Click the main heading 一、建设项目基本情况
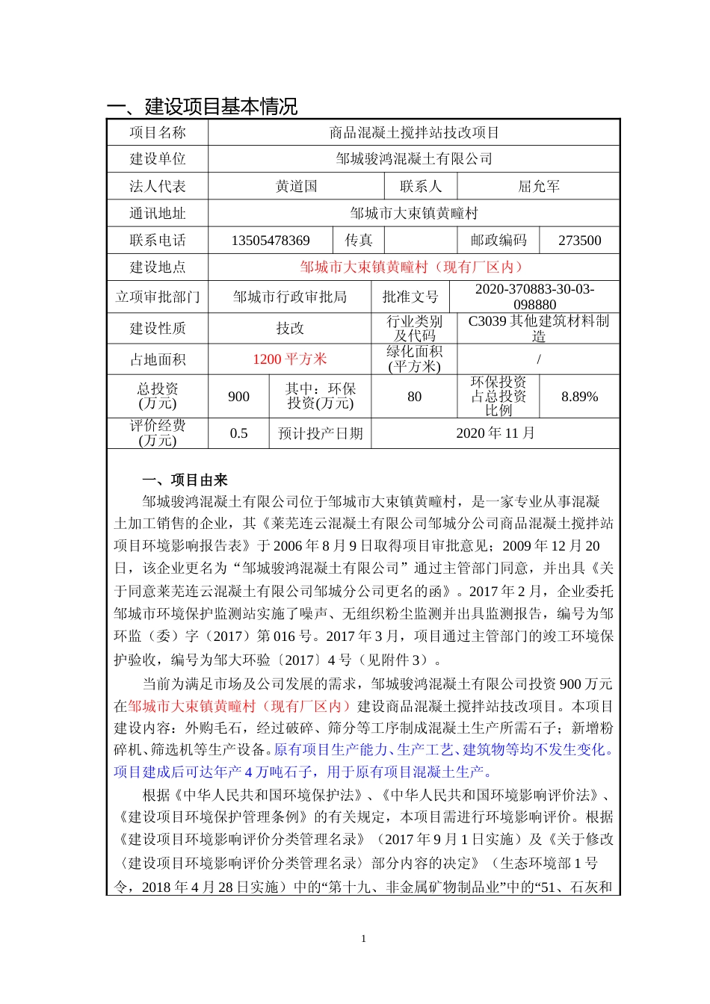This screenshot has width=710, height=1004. click(202, 106)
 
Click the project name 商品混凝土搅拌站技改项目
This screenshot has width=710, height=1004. click(414, 133)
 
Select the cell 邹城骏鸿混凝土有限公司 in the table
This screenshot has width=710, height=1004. click(414, 159)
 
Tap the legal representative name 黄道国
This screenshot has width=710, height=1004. click(297, 186)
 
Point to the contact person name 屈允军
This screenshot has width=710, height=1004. click(539, 186)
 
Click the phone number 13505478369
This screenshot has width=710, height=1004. click(271, 241)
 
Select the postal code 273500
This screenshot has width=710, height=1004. click(579, 241)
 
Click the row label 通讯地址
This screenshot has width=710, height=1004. click(157, 214)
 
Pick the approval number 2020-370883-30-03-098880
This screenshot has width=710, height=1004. click(534, 297)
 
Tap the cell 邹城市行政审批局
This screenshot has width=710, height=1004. click(290, 297)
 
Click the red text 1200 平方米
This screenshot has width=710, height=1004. click(290, 359)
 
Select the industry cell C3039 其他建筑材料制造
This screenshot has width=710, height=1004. click(539, 328)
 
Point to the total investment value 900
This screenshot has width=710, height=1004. click(238, 397)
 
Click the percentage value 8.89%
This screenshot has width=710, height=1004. click(579, 397)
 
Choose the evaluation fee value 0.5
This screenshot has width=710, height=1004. click(238, 433)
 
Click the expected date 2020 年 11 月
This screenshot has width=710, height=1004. click(496, 433)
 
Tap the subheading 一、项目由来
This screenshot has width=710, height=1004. click(185, 480)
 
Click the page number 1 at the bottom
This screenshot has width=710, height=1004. click(363, 939)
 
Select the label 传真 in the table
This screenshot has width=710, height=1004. click(359, 241)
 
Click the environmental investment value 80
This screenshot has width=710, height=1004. click(415, 397)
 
